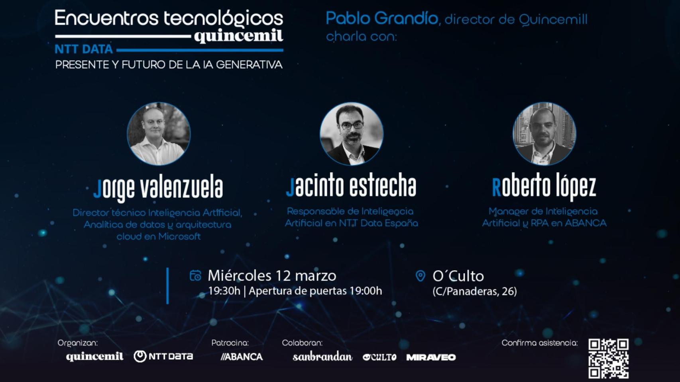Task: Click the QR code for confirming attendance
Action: coord(608,359)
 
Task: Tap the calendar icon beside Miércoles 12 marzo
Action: coord(195,276)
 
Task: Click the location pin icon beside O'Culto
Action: coord(420,276)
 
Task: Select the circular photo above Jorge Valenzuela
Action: coord(159,134)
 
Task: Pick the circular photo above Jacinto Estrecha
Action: coord(352,134)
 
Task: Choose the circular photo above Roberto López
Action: coord(544,134)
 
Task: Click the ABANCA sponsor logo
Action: coord(242,357)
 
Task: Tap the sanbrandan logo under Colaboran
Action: coord(322,357)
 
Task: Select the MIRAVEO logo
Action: coord(431,357)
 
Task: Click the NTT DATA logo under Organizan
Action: coord(163,356)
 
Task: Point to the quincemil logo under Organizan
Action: coord(95,357)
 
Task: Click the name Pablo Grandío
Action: coord(382,18)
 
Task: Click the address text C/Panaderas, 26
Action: coord(474,291)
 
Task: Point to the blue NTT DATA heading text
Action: coord(84,49)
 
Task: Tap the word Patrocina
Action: coord(230,343)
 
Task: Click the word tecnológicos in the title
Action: coord(224,19)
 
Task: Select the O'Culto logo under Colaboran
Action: coord(379,357)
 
